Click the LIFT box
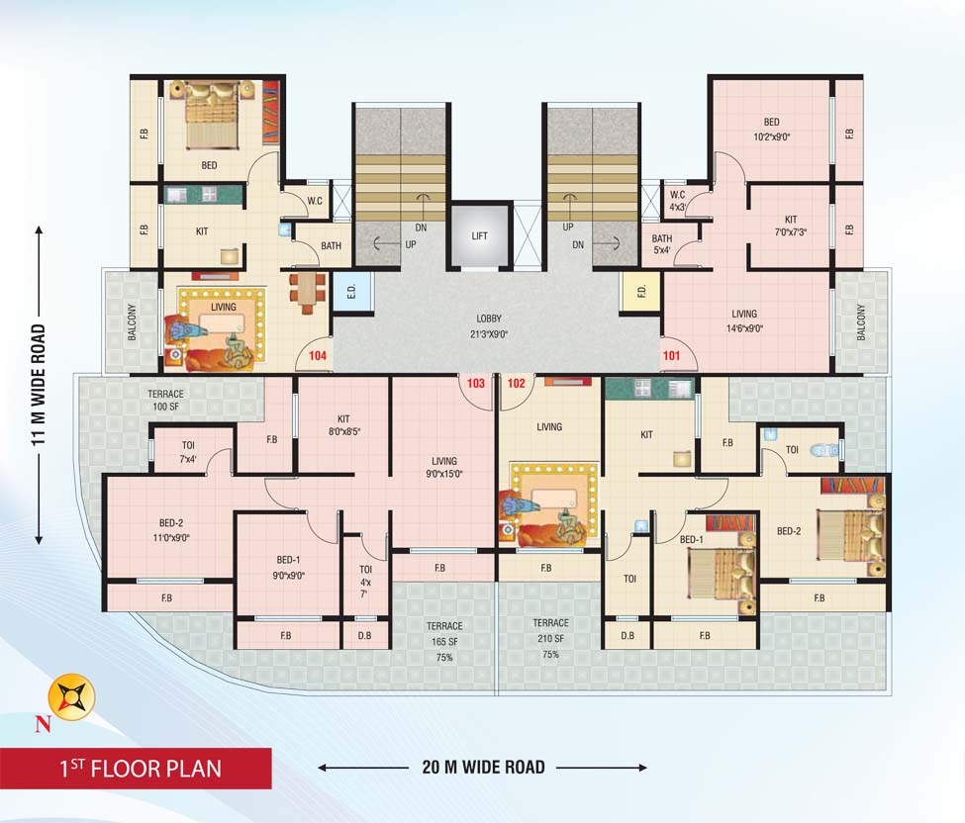(x=479, y=236)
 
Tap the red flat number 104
(x=318, y=355)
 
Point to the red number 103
(x=476, y=384)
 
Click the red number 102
(x=516, y=384)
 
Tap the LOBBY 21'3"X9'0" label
(x=489, y=325)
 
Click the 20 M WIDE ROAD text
(x=481, y=767)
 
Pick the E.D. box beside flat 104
(x=350, y=291)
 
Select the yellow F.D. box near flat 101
(x=640, y=291)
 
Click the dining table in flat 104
(x=307, y=291)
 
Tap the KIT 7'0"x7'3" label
(x=791, y=226)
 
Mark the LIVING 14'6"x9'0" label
(x=744, y=320)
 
